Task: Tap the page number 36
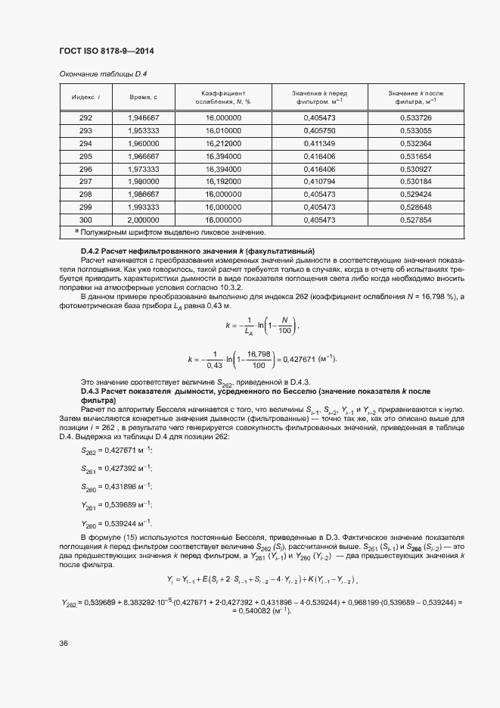tap(64, 643)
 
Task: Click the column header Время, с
tap(143, 97)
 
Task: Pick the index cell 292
tap(85, 118)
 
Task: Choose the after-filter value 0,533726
tap(415, 118)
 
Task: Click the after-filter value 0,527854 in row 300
tap(415, 218)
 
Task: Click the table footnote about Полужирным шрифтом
tap(165, 231)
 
